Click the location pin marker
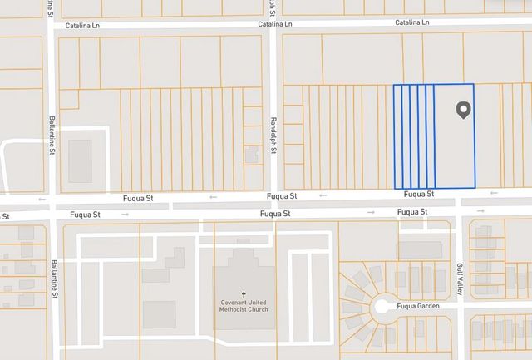(463, 110)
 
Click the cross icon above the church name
(244, 294)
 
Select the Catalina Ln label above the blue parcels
(411, 22)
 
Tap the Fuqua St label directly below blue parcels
(418, 195)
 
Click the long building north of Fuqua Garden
(420, 249)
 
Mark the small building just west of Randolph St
(251, 155)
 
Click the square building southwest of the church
(159, 314)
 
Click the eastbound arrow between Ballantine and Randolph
(125, 215)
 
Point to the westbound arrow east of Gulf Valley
(495, 194)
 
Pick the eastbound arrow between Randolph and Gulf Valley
(371, 213)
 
